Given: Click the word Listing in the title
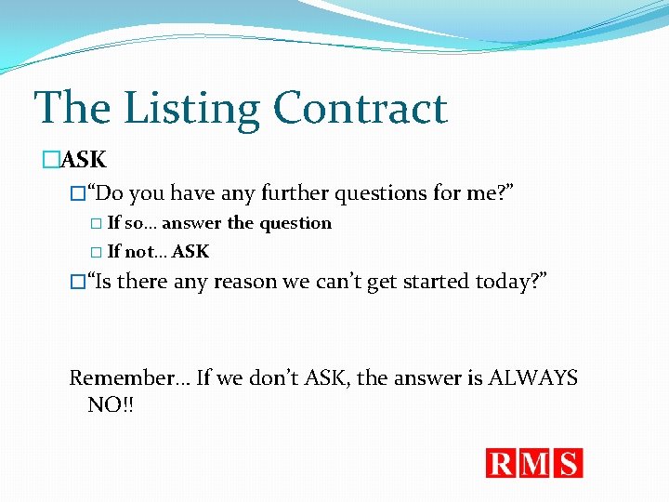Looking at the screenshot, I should click(192, 110).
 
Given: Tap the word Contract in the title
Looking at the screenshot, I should click(361, 108).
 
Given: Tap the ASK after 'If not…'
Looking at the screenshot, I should click(190, 251).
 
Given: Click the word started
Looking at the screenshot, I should click(437, 282).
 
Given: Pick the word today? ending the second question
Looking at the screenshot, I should click(512, 282).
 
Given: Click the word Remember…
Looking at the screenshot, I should click(128, 378).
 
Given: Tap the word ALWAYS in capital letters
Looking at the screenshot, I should click(532, 378).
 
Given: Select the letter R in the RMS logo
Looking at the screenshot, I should click(503, 463).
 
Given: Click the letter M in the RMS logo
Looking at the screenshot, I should click(536, 463).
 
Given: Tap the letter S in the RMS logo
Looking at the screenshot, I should click(568, 463).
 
